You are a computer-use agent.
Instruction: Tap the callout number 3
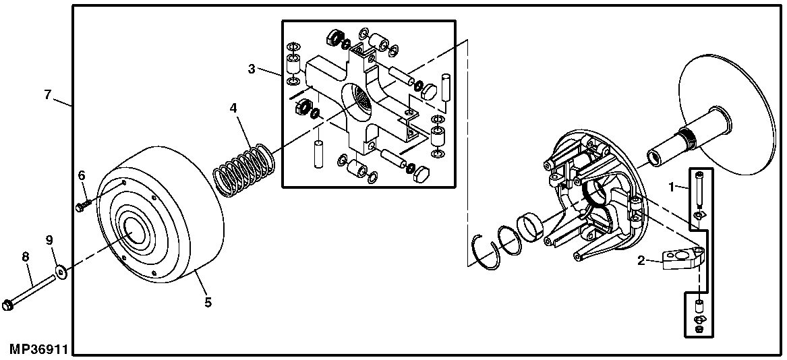[x=252, y=68]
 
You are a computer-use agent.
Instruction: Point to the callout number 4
[x=233, y=107]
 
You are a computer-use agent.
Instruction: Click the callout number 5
[x=208, y=302]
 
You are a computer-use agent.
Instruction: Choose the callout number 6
[x=82, y=175]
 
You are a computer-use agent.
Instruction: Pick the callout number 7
[x=47, y=95]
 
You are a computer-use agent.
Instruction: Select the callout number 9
[x=49, y=239]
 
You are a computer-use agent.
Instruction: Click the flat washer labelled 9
[x=62, y=272]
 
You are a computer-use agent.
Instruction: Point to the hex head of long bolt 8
[x=9, y=305]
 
